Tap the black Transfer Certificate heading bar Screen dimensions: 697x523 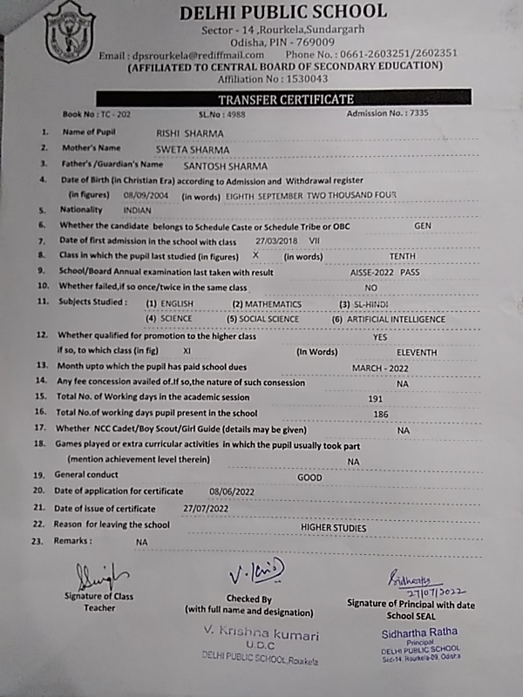pos(285,98)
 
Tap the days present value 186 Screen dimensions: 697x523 pos(380,413)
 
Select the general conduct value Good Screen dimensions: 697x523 pos(309,477)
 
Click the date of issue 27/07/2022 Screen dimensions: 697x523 pos(206,508)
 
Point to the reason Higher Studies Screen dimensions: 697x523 pos(334,528)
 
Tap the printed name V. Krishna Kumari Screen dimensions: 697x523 pos(249,635)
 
